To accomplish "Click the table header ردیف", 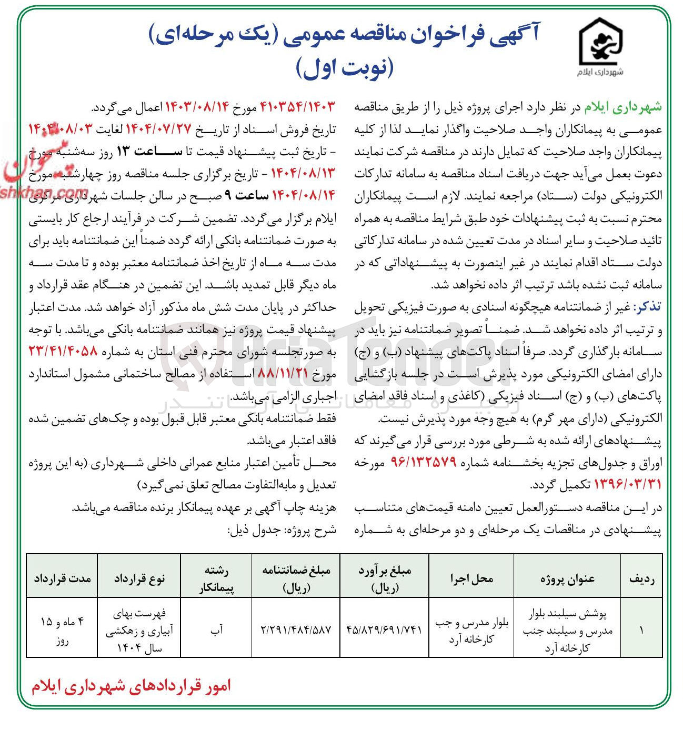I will (x=641, y=579).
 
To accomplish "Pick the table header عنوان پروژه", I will (x=567, y=579).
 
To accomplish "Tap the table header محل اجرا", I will (x=471, y=579).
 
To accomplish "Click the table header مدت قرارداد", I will (x=62, y=579).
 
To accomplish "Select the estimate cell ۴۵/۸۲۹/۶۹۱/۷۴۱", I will (x=384, y=629).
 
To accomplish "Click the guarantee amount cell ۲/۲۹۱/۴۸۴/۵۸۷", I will (x=296, y=629).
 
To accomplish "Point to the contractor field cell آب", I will (x=216, y=629).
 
